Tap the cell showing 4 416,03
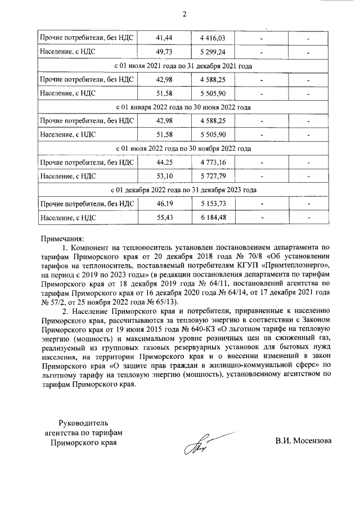click(212, 38)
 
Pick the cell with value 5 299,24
click(212, 52)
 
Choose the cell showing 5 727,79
click(212, 176)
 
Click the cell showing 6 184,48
click(212, 218)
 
